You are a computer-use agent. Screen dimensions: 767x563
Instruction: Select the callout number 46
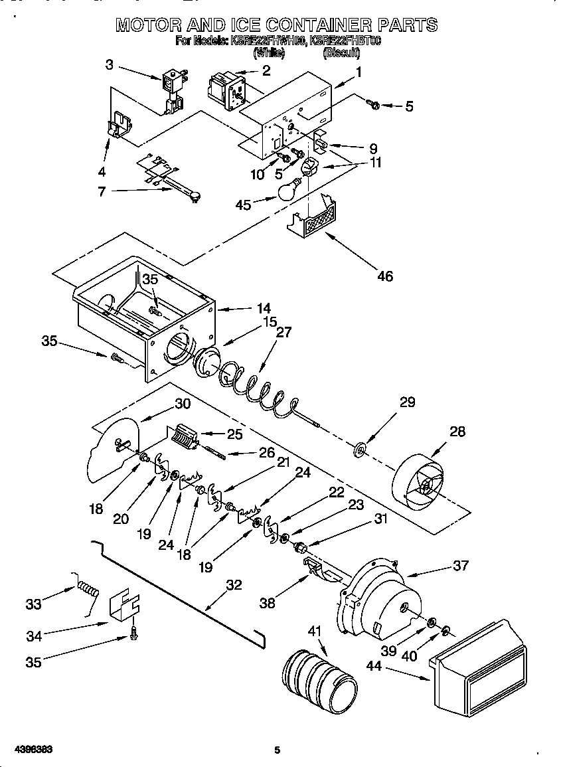384,276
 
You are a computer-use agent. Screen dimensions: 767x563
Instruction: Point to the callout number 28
457,432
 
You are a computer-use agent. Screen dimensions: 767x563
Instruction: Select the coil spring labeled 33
88,587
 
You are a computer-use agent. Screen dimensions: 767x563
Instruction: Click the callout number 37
460,565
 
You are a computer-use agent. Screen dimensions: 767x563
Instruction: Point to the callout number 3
110,64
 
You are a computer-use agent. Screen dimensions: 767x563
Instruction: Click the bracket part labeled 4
120,126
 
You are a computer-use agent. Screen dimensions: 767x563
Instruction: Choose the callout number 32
234,585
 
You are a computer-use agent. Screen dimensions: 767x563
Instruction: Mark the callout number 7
102,191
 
